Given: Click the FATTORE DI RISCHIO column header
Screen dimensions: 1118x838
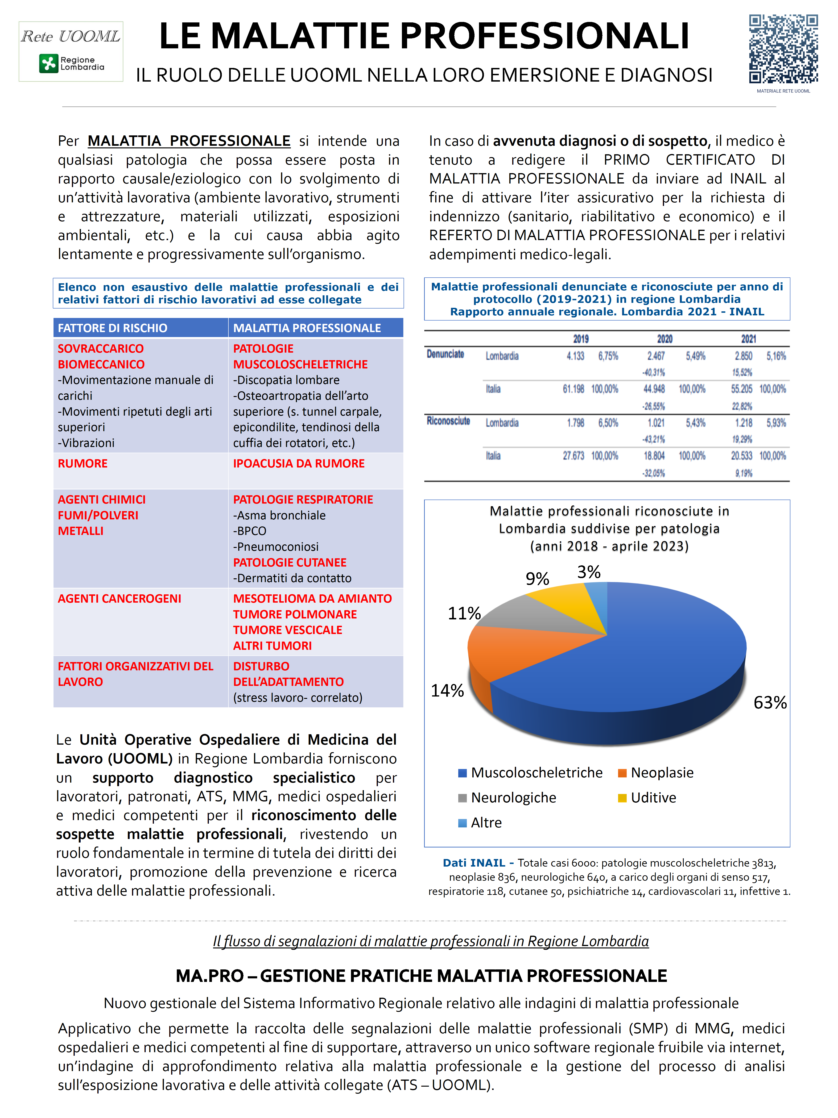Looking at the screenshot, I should pyautogui.click(x=112, y=328).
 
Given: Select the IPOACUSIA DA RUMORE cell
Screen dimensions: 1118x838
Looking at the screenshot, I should pyautogui.click(x=298, y=463).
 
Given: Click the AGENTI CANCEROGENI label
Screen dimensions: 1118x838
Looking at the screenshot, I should pyautogui.click(x=119, y=598).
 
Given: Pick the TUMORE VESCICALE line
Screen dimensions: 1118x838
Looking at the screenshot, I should pyautogui.click(x=287, y=630).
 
